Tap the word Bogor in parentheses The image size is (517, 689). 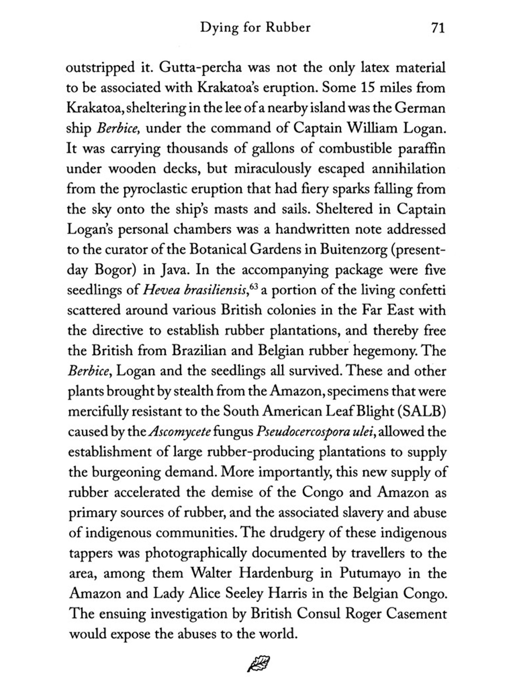coord(113,270)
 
